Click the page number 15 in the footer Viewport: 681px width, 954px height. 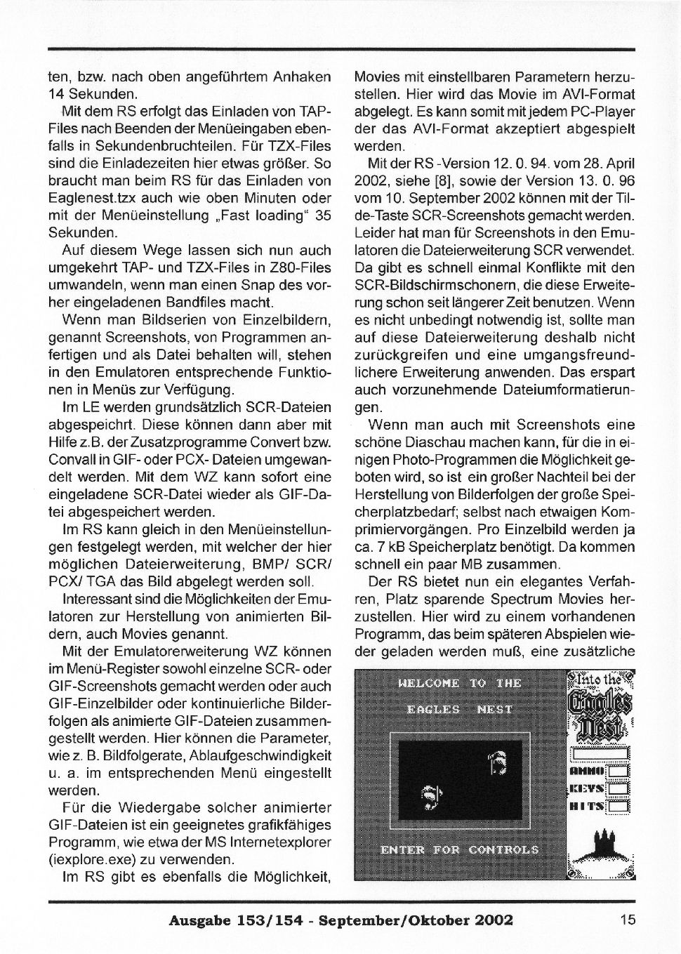pos(627,919)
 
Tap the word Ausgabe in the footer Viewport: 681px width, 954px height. pos(195,920)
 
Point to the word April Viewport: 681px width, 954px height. pos(619,164)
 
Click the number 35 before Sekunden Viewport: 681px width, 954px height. pos(322,216)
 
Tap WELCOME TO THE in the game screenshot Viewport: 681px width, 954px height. pos(459,683)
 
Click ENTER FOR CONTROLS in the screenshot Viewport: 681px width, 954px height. pos(459,850)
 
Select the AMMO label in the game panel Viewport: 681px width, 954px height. pos(588,771)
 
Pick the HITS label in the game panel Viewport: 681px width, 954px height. pos(588,807)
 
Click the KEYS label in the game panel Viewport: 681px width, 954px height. pos(588,789)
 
